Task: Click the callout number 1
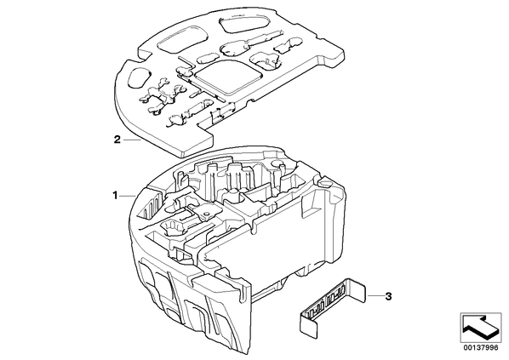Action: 115,196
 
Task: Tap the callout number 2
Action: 117,140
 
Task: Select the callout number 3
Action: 388,296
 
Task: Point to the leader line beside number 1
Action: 128,196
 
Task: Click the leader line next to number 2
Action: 132,140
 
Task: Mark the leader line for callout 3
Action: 374,296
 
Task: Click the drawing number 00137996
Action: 480,347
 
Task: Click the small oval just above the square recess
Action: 207,58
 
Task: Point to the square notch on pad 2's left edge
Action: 145,56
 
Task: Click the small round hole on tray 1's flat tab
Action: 205,214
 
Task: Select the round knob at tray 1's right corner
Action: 326,182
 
